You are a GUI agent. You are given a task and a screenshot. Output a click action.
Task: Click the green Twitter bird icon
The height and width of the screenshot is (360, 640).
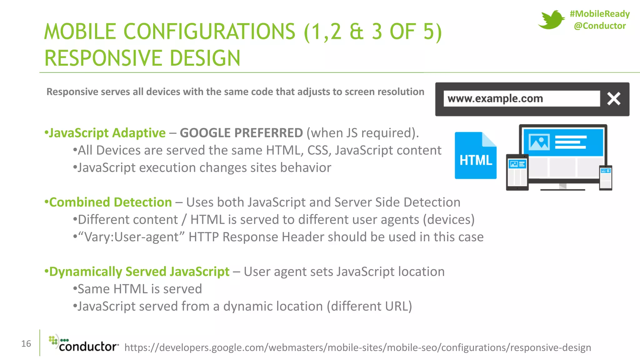[x=551, y=20]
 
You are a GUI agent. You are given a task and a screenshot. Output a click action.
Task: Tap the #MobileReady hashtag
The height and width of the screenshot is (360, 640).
[x=599, y=14]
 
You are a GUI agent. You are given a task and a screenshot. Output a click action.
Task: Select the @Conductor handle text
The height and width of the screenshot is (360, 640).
[x=600, y=26]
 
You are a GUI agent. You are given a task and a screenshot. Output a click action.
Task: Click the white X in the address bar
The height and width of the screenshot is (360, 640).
[x=614, y=99]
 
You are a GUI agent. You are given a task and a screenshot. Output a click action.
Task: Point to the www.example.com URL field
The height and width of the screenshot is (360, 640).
[x=521, y=99]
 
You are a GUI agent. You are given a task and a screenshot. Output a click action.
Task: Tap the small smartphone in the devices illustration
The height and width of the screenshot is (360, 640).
[x=606, y=177]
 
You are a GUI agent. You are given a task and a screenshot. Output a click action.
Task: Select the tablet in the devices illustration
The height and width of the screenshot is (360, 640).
[x=517, y=172]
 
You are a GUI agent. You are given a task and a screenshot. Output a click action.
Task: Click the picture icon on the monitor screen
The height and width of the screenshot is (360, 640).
[x=539, y=142]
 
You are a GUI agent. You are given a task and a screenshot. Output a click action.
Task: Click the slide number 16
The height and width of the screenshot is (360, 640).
[x=26, y=344]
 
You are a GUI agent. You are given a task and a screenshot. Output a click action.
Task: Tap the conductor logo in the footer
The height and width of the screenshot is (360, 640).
[x=84, y=344]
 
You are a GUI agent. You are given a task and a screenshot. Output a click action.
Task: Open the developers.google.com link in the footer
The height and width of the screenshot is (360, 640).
[x=357, y=347]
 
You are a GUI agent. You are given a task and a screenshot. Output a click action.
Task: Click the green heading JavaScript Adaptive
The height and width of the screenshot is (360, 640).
[x=107, y=133]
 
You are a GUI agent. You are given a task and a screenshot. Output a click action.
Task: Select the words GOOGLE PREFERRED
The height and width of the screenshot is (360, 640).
[x=241, y=133]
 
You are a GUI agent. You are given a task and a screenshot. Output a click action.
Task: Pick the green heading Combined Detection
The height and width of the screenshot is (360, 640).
[x=110, y=202]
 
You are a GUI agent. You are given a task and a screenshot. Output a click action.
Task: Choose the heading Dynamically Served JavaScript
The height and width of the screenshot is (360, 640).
[x=139, y=272]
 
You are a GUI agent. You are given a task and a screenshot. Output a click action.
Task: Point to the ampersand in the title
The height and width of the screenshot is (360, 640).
[x=356, y=32]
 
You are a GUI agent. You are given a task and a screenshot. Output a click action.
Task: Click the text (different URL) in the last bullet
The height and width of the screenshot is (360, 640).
[x=369, y=307]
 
